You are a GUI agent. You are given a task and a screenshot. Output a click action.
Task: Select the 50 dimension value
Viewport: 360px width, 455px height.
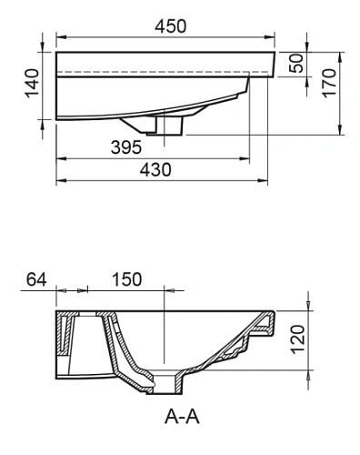pos(295,64)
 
